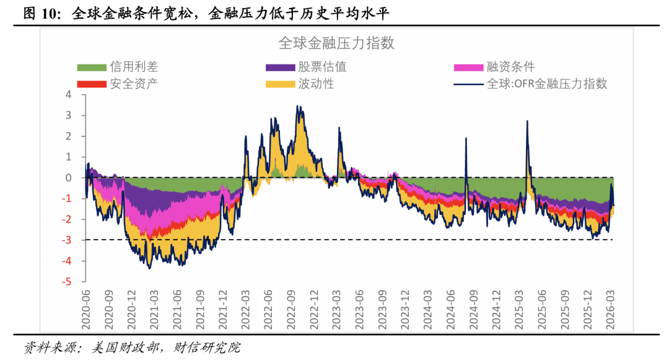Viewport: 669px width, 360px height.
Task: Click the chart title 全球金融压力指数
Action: pos(336,43)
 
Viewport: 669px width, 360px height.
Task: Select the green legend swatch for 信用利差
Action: pos(91,67)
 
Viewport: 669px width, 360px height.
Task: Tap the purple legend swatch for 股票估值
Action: pos(280,67)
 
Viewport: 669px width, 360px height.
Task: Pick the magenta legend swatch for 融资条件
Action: pos(469,67)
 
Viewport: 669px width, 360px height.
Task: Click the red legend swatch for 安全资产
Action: pos(91,84)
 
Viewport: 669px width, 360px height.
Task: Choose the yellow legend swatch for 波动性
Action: pos(280,84)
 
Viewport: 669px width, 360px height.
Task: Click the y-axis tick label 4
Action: pos(69,95)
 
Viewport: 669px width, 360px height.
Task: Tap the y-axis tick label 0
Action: pos(69,178)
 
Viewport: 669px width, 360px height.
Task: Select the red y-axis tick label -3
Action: pos(68,240)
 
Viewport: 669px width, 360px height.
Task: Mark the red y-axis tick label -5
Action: pos(68,281)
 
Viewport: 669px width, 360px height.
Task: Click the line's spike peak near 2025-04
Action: pos(527,121)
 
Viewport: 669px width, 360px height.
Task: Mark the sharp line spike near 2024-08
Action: pos(466,138)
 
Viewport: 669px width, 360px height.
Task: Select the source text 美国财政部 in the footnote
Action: pos(124,348)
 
